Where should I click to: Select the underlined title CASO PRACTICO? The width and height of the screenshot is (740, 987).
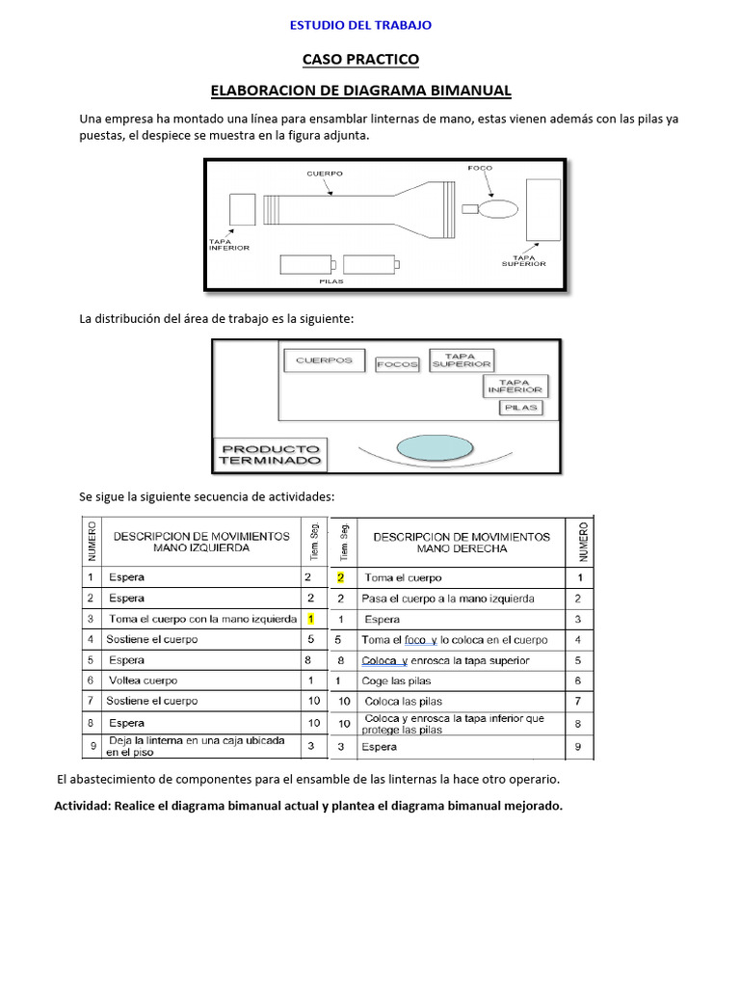(361, 60)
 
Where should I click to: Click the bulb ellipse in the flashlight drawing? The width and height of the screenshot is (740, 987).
(499, 208)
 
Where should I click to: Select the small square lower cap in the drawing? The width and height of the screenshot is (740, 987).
(242, 209)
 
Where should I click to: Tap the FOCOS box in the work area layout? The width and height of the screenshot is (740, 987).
(397, 364)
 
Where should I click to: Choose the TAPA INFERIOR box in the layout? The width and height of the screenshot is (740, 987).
(515, 386)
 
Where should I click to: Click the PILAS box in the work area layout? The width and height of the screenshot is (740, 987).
(520, 408)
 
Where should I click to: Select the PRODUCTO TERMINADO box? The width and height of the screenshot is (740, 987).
(269, 455)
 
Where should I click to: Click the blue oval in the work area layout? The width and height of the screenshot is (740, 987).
(436, 448)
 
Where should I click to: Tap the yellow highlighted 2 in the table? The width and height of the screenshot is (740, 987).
(339, 578)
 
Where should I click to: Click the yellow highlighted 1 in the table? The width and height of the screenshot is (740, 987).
(310, 619)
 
